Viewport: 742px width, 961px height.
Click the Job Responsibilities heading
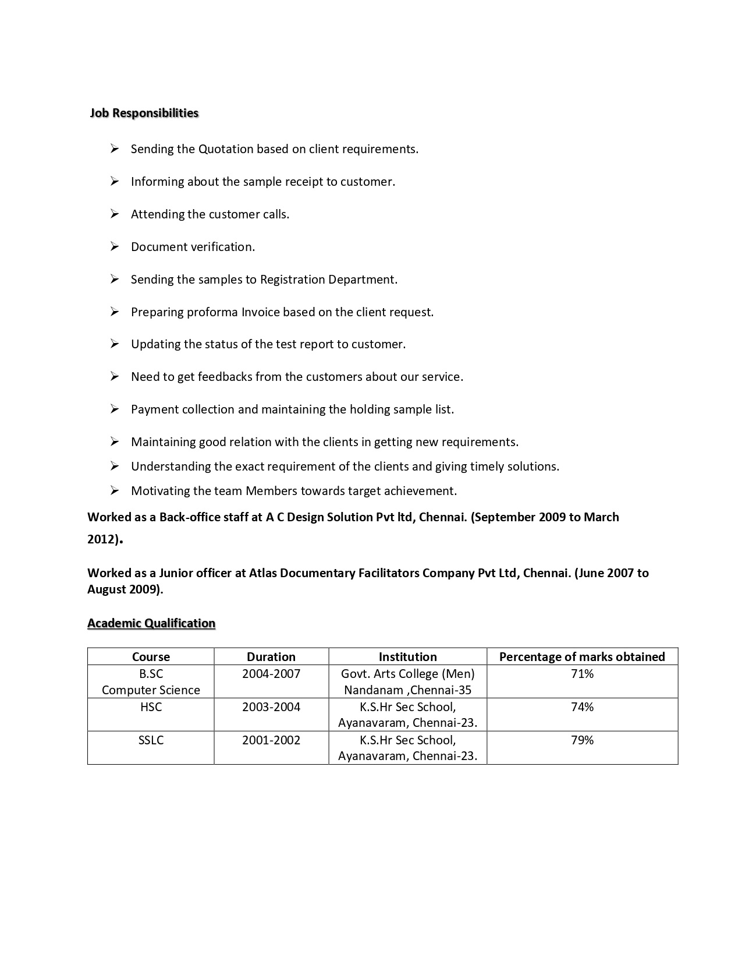144,113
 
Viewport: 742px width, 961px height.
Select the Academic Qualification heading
151,623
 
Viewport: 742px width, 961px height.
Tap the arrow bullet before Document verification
115,246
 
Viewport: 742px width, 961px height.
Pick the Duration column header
271,657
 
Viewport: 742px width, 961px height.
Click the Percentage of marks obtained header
582,657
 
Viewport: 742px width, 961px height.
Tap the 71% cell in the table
582,674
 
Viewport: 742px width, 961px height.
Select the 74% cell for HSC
582,707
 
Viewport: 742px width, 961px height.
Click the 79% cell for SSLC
582,740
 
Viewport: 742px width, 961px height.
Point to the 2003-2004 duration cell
271,707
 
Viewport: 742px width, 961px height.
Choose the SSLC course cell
151,740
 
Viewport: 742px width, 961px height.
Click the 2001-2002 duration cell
271,740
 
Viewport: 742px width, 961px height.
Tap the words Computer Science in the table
151,690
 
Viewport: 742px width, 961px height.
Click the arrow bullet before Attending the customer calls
115,214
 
